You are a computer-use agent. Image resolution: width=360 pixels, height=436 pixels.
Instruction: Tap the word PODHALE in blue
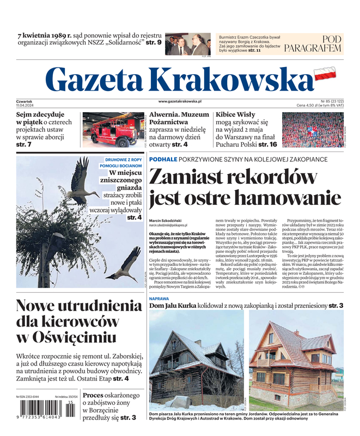(163, 159)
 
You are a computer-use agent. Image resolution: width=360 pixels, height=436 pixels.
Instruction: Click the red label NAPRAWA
(159, 299)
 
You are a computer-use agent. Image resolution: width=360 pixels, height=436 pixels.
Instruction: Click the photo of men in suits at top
(187, 44)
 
